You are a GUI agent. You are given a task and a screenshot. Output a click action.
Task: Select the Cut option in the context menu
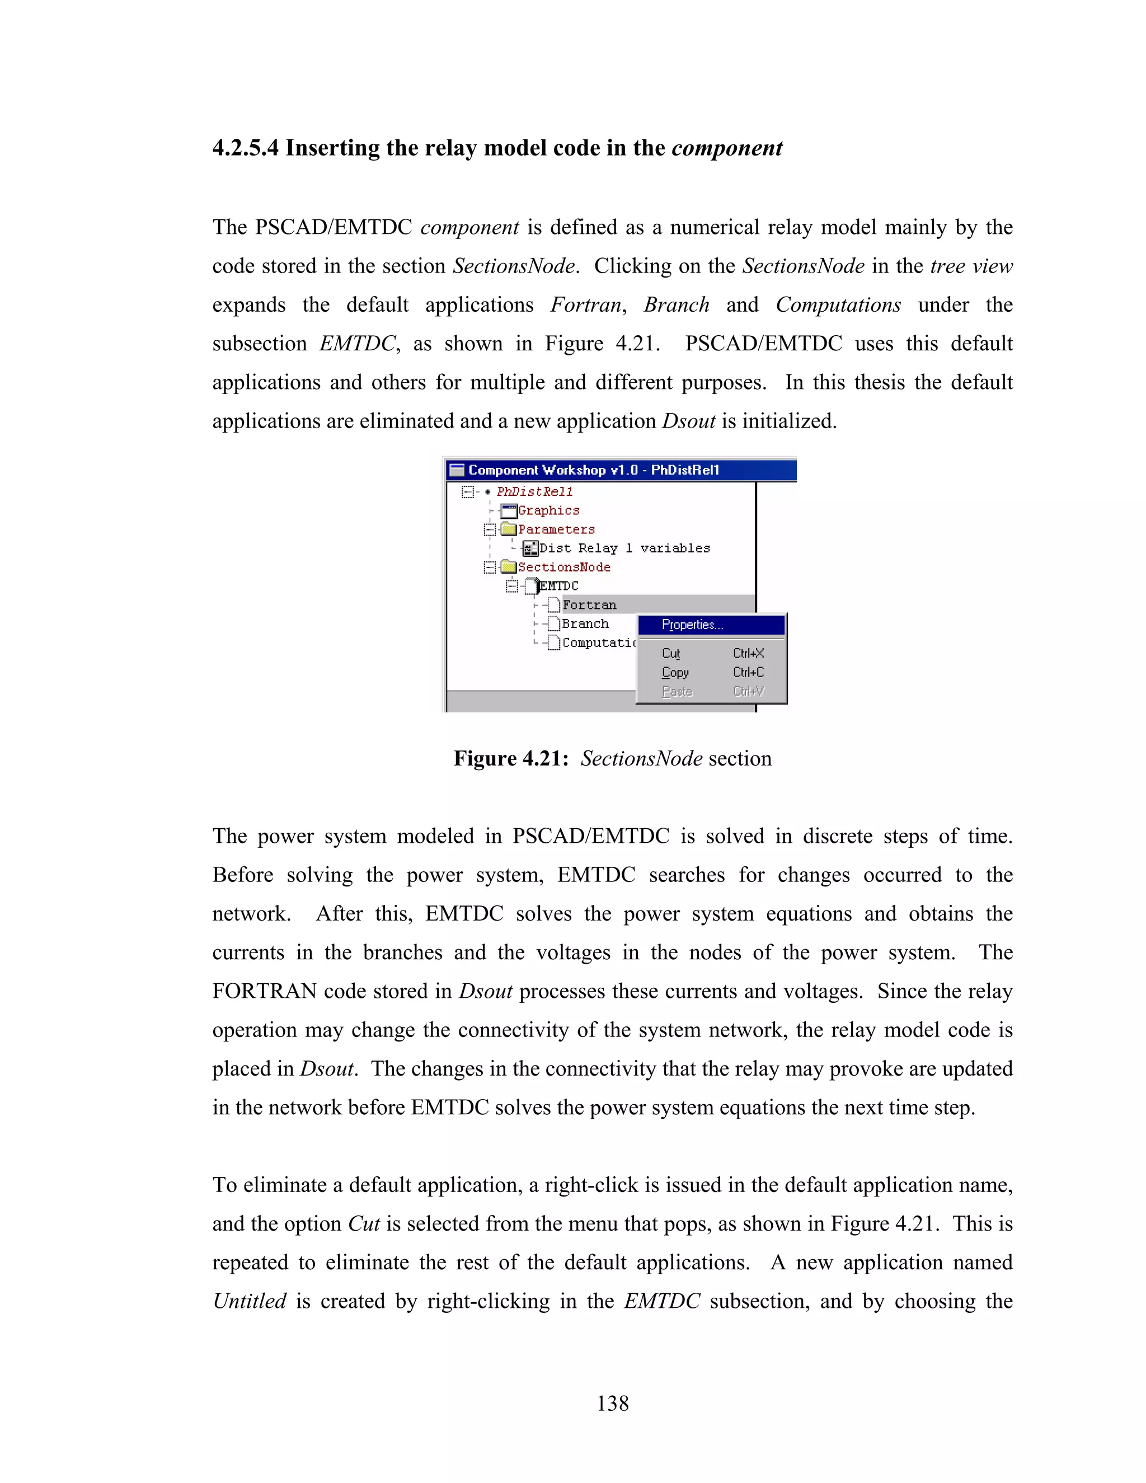pos(671,653)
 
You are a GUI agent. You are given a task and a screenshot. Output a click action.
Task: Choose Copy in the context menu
pos(675,672)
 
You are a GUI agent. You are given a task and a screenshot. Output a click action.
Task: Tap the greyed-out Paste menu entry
pos(677,691)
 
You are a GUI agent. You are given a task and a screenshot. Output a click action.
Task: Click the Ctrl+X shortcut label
pos(748,653)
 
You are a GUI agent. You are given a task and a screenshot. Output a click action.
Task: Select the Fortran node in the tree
pos(589,605)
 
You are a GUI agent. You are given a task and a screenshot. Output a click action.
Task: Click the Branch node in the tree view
pos(585,623)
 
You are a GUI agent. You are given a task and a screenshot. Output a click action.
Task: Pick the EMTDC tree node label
pos(559,586)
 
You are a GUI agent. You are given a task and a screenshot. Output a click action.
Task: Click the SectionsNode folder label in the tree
pos(563,567)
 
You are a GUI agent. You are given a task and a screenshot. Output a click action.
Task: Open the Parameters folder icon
pos(509,529)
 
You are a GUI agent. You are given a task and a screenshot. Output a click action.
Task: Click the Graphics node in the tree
pos(548,510)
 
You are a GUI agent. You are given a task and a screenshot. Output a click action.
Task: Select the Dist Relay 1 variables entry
pos(624,548)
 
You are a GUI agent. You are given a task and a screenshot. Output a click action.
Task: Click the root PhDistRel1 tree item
pos(534,491)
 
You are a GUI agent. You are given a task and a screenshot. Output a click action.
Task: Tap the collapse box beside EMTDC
pos(512,586)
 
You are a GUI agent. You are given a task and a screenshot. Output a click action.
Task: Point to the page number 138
pos(612,1403)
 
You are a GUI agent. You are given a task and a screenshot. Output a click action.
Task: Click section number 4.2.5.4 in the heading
pos(245,148)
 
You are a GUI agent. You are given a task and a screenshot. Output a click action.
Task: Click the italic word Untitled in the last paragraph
pos(249,1301)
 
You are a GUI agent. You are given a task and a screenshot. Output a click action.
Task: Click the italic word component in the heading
pos(726,148)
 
